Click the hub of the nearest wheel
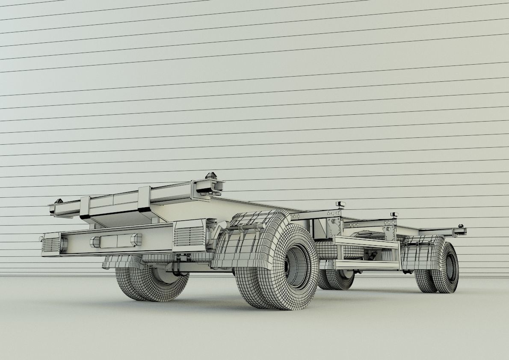pos(296,266)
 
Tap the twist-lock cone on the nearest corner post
pos(210,176)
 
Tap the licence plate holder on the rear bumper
pos(115,241)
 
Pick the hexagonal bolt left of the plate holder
pos(94,242)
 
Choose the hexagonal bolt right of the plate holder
pos(136,239)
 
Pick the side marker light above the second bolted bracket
pos(394,214)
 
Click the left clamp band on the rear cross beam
pos(85,207)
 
